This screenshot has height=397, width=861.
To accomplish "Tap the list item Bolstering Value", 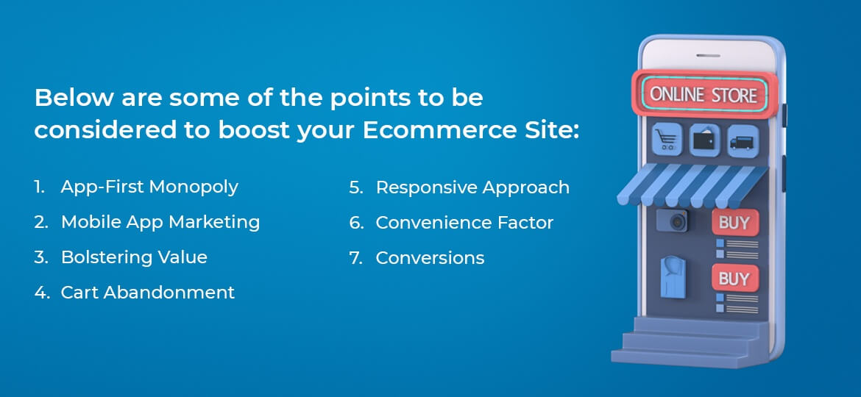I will click(133, 257).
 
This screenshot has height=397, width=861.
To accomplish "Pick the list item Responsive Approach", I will click(472, 187).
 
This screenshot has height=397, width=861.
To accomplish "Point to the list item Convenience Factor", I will click(464, 223).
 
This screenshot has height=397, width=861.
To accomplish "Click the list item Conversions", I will click(430, 258).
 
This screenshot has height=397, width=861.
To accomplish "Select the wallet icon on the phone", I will click(704, 140).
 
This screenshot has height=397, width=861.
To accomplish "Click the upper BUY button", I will click(733, 223).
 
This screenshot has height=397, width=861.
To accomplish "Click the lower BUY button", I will click(733, 279).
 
